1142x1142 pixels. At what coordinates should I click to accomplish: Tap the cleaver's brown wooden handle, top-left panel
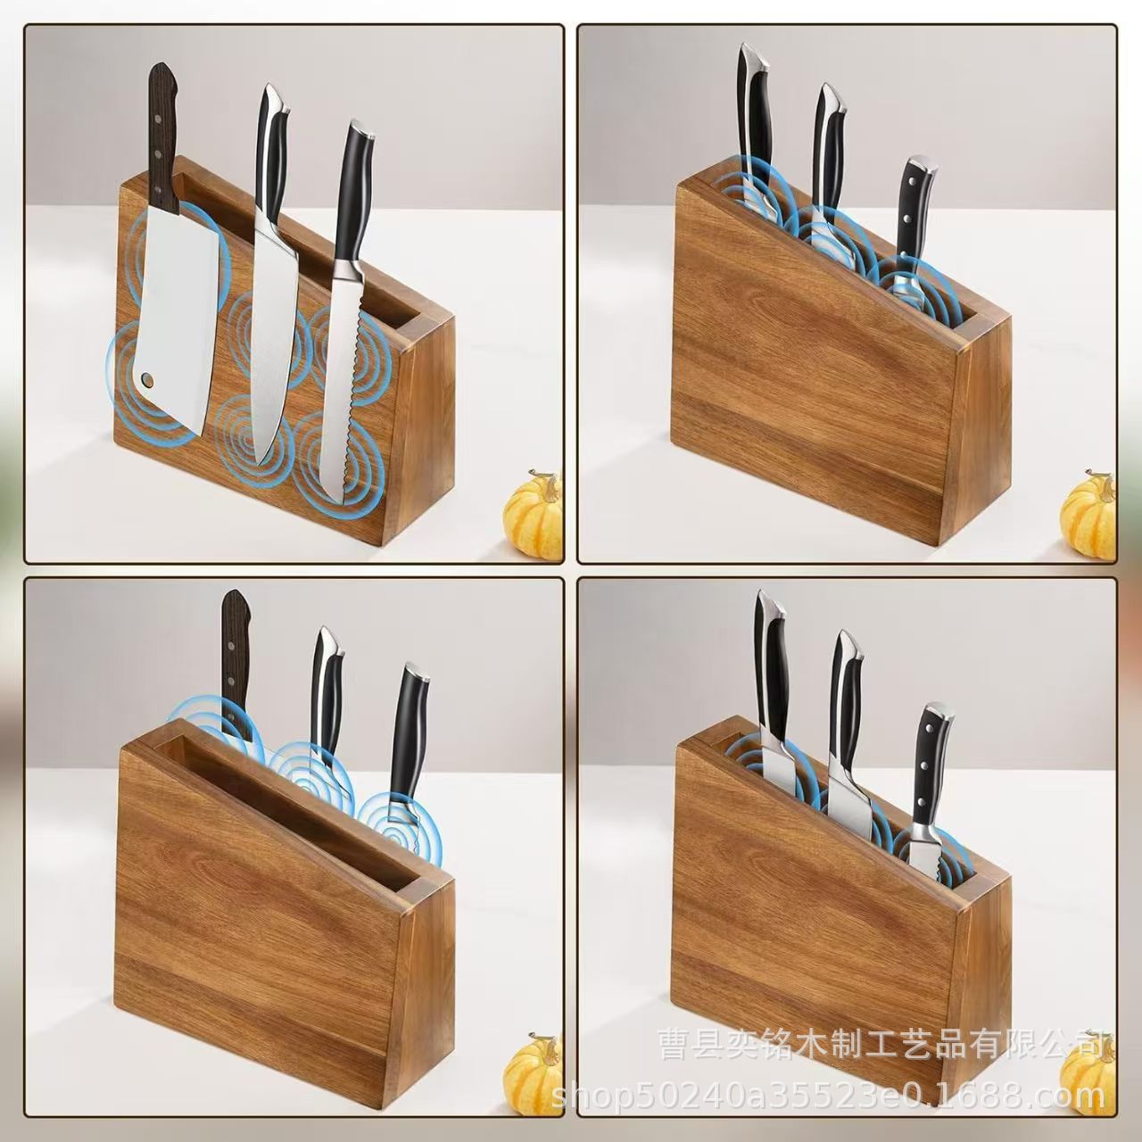point(162,134)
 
